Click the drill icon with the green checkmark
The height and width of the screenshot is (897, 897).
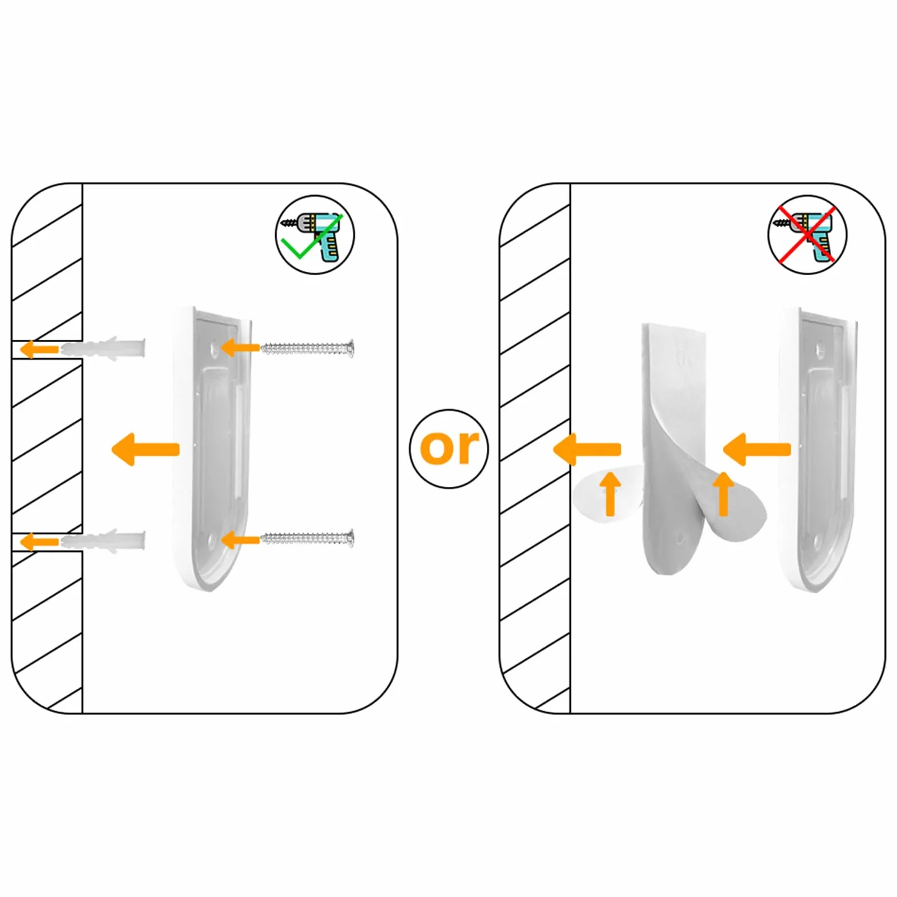pyautogui.click(x=315, y=235)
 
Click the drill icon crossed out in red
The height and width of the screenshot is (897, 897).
pyautogui.click(x=807, y=235)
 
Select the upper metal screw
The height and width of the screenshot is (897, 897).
pyautogui.click(x=307, y=347)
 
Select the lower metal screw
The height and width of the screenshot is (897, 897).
pyautogui.click(x=307, y=538)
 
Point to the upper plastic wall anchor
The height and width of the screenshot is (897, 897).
pyautogui.click(x=104, y=348)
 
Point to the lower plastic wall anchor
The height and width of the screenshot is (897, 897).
pyautogui.click(x=104, y=541)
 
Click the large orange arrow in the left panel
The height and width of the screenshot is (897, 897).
pyautogui.click(x=145, y=449)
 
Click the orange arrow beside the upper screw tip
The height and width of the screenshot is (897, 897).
pyautogui.click(x=240, y=347)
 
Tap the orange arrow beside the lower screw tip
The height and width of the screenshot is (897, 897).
pyautogui.click(x=240, y=539)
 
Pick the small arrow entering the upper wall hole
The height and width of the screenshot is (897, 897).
pyautogui.click(x=39, y=348)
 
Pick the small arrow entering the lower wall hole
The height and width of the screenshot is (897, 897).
pyautogui.click(x=39, y=541)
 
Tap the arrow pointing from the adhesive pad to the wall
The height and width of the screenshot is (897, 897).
pyautogui.click(x=588, y=449)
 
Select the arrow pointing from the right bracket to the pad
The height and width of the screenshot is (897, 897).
pyautogui.click(x=757, y=449)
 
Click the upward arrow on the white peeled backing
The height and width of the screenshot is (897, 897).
pyautogui.click(x=611, y=493)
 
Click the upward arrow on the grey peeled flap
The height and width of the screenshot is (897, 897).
pyautogui.click(x=723, y=493)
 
